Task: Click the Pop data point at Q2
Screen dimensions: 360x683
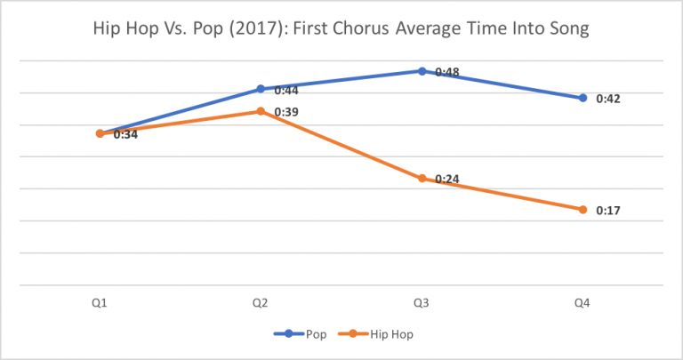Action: (x=261, y=89)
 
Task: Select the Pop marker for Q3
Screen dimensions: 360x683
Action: (x=422, y=70)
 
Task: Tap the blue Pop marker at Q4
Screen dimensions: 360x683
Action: (x=583, y=98)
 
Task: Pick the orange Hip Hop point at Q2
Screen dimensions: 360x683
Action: (x=261, y=111)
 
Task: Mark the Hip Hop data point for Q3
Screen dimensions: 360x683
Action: (x=422, y=179)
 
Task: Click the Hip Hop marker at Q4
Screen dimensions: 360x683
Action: (x=583, y=210)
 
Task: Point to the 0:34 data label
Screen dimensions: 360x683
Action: (x=125, y=135)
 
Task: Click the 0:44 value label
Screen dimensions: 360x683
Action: (x=285, y=91)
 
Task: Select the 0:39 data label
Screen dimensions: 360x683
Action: (x=285, y=112)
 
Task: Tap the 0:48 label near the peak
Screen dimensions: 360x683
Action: (x=446, y=72)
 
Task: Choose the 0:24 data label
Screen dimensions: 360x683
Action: (x=446, y=180)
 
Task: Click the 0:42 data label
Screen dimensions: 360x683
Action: (x=608, y=99)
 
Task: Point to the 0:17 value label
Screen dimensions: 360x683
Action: (x=608, y=211)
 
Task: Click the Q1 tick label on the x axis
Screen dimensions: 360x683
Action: (x=100, y=303)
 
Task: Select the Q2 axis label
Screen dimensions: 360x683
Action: (x=261, y=303)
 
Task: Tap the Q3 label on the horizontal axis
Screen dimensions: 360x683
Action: (x=422, y=303)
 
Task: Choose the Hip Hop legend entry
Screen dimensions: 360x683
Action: (x=384, y=335)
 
